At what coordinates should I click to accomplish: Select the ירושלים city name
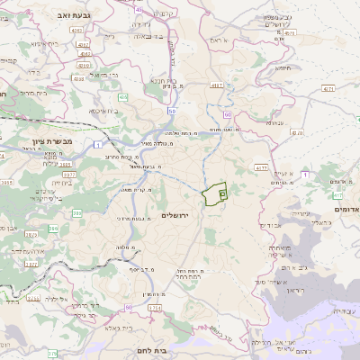click(x=175, y=215)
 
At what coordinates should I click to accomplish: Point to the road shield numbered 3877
click(x=31, y=265)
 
